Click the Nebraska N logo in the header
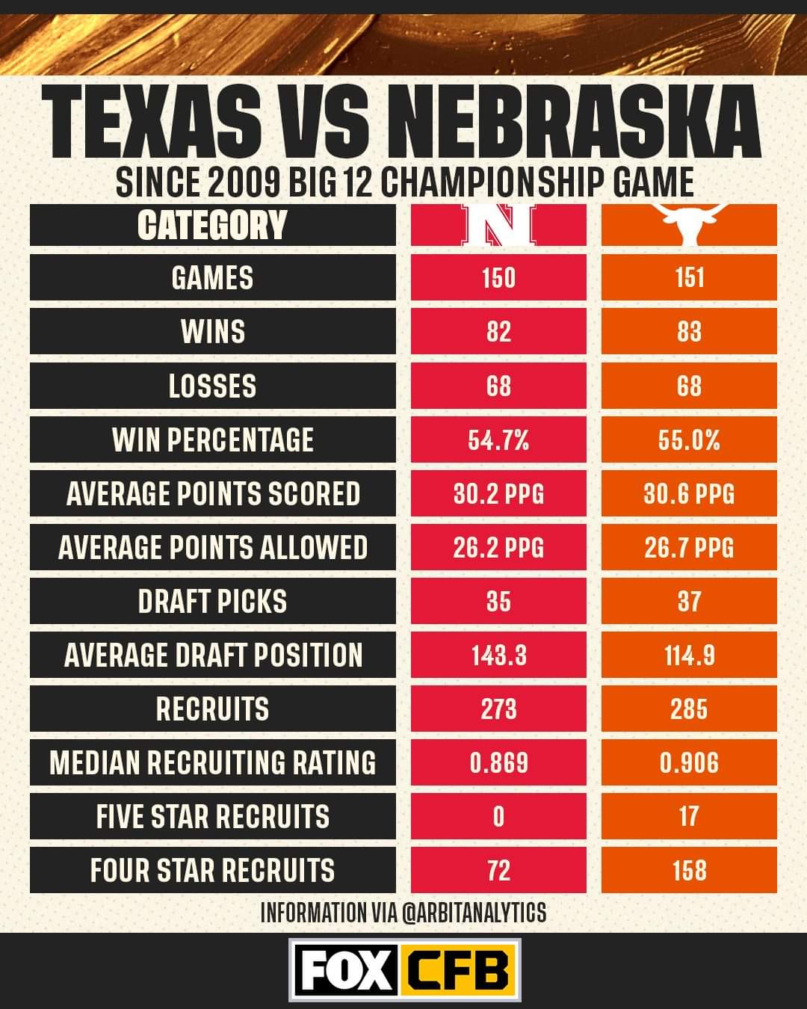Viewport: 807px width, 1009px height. [498, 225]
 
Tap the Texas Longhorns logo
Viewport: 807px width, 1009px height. [689, 225]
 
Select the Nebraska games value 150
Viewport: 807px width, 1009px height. [498, 278]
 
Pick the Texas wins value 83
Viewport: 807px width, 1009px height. [689, 332]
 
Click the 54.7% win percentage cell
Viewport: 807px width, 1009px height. [498, 439]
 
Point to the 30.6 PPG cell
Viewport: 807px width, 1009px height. [689, 493]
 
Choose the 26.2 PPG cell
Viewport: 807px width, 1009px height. [498, 547]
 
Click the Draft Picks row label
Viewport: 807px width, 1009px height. [212, 602]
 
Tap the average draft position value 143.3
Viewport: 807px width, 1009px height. [498, 655]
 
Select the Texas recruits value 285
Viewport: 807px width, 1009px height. [689, 709]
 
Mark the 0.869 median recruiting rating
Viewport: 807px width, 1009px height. [498, 763]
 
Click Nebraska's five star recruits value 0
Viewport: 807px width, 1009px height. [498, 816]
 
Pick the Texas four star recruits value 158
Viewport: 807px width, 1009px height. [689, 871]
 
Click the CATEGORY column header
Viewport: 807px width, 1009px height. [212, 225]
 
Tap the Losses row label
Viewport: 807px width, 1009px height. [212, 386]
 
